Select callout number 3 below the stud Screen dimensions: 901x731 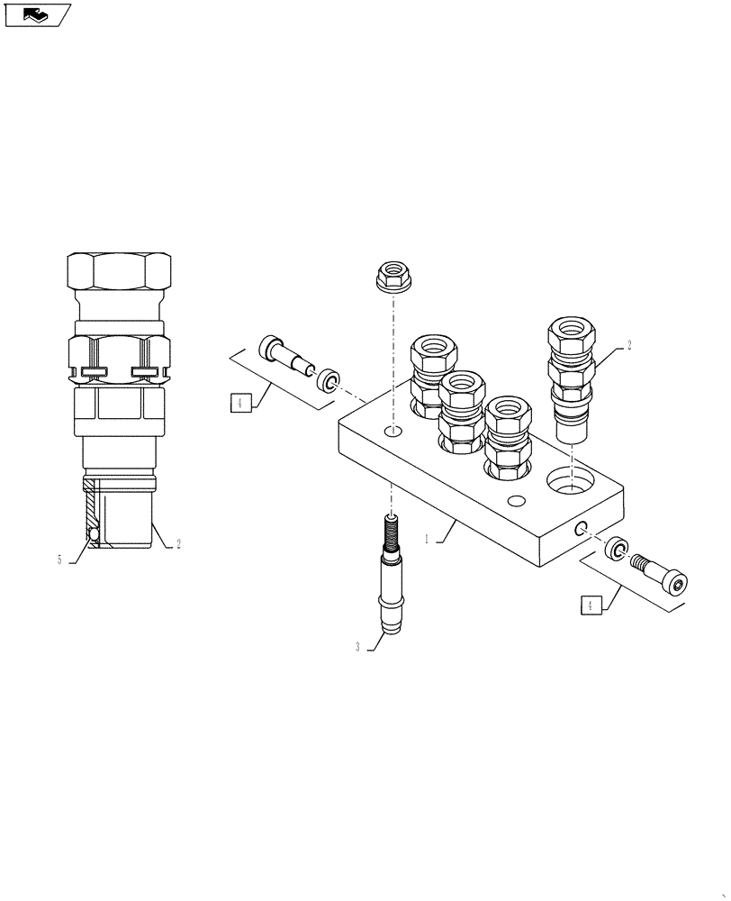(357, 648)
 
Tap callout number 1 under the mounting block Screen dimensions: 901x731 (428, 541)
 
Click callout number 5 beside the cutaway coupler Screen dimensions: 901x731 (59, 560)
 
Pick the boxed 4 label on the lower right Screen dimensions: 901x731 (591, 606)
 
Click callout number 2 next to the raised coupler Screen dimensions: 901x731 (629, 345)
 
